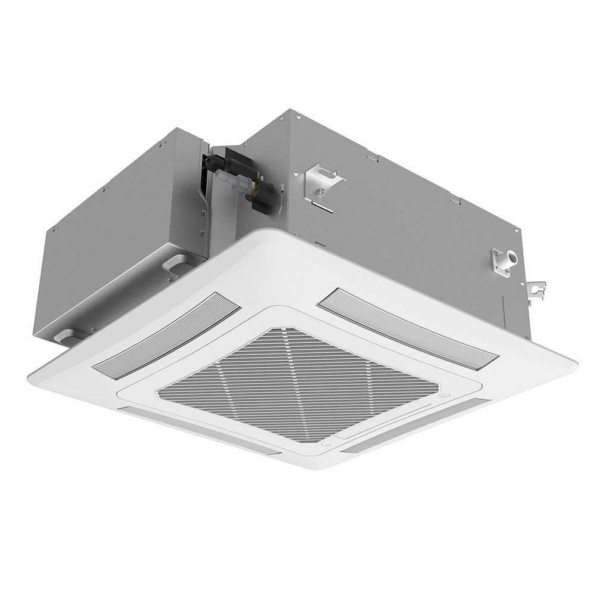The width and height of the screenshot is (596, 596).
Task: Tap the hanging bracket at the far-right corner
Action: click(536, 291)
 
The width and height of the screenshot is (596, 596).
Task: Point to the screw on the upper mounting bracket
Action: click(321, 191)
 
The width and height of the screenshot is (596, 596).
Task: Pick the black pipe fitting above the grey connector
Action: click(216, 162)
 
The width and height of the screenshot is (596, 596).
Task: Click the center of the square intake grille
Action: click(298, 384)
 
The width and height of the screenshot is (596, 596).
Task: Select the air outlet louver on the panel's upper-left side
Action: click(167, 335)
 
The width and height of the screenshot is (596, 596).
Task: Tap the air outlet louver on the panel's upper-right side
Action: click(408, 328)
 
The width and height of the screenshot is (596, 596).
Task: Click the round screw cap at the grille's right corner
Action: click(443, 395)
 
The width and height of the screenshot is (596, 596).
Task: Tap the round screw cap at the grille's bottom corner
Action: click(325, 443)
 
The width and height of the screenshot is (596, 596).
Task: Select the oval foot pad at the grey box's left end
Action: click(67, 337)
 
